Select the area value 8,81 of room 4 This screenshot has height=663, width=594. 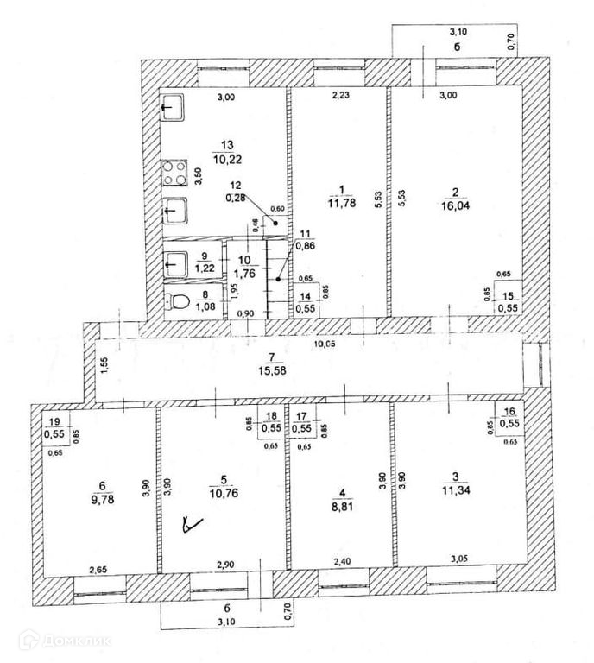coord(343,508)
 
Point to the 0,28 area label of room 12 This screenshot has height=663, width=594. coord(235,197)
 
